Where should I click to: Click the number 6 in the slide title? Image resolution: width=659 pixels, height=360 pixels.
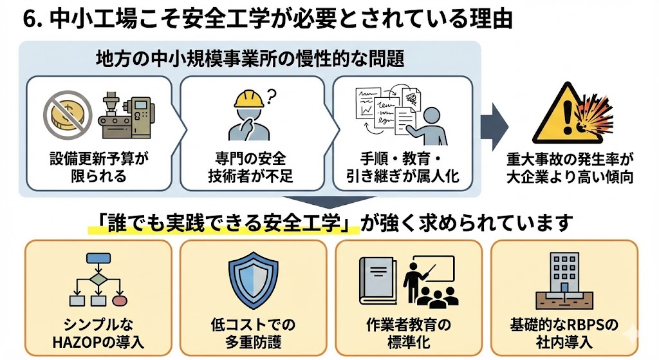point(29,19)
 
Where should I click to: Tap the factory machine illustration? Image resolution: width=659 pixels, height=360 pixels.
point(127,117)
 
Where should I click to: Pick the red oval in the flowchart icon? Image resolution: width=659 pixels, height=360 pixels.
point(119,299)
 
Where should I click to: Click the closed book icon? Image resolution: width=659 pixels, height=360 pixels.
point(378,283)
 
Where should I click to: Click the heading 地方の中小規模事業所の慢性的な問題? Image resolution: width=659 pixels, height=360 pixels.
point(250,59)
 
